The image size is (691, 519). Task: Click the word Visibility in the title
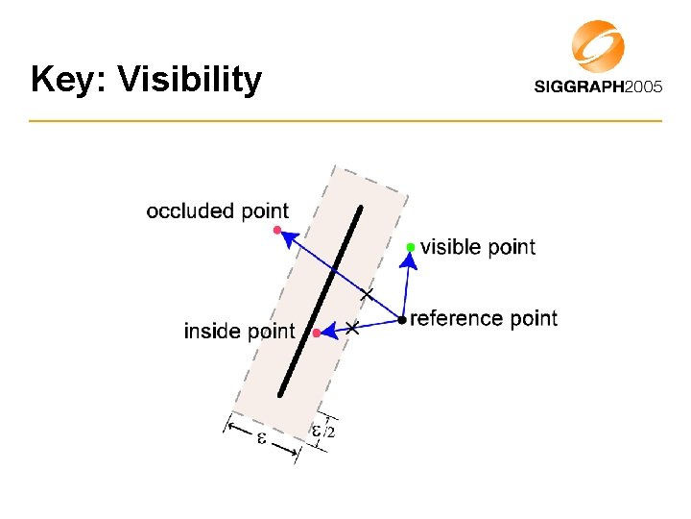(x=189, y=80)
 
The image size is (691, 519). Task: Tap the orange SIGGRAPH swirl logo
(x=598, y=46)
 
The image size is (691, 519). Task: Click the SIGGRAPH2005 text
(x=598, y=86)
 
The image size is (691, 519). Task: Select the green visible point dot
(x=411, y=247)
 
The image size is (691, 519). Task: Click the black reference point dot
(x=402, y=319)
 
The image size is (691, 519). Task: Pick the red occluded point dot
(x=276, y=230)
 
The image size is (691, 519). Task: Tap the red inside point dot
(x=316, y=333)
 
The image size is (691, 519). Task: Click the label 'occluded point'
(x=217, y=210)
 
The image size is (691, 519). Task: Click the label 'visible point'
(x=478, y=247)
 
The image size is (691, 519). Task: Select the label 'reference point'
(x=484, y=318)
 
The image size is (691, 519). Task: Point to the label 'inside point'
(x=239, y=332)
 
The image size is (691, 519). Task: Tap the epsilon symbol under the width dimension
(x=261, y=438)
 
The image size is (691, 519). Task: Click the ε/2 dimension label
(x=323, y=432)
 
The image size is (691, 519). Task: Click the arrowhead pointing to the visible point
(x=410, y=260)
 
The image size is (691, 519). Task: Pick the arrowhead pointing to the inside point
(x=327, y=332)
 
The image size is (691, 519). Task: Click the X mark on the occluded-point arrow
(x=366, y=293)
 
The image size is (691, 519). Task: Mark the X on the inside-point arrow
(x=352, y=328)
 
